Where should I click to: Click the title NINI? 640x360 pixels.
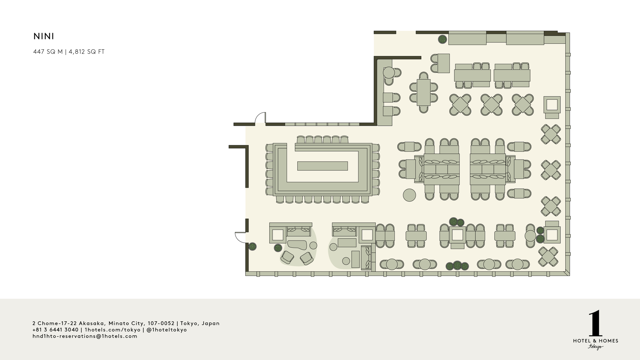44,36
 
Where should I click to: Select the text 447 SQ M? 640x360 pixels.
48,52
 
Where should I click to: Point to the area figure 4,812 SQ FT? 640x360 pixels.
87,52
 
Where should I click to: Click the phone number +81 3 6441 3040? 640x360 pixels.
55,330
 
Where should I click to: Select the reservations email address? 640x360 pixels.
85,336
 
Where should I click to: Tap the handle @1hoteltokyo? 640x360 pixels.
167,330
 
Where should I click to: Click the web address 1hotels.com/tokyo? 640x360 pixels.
113,330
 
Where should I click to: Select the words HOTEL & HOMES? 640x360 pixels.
596,341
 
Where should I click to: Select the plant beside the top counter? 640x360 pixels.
442,39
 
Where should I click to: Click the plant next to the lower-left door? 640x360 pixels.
252,247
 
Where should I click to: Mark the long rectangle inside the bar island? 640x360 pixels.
322,166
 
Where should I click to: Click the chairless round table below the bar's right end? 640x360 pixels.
409,195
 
